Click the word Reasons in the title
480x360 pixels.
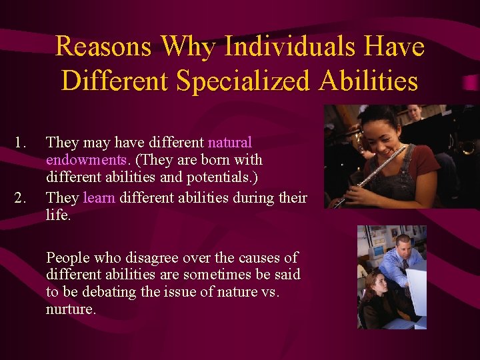[x=103, y=47]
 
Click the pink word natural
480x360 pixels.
[x=230, y=143]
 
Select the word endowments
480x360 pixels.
[x=86, y=160]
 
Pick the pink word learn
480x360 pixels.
[x=99, y=198]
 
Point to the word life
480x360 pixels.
[x=58, y=215]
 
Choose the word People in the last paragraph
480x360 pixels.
[x=67, y=257]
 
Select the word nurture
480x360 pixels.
[x=71, y=309]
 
